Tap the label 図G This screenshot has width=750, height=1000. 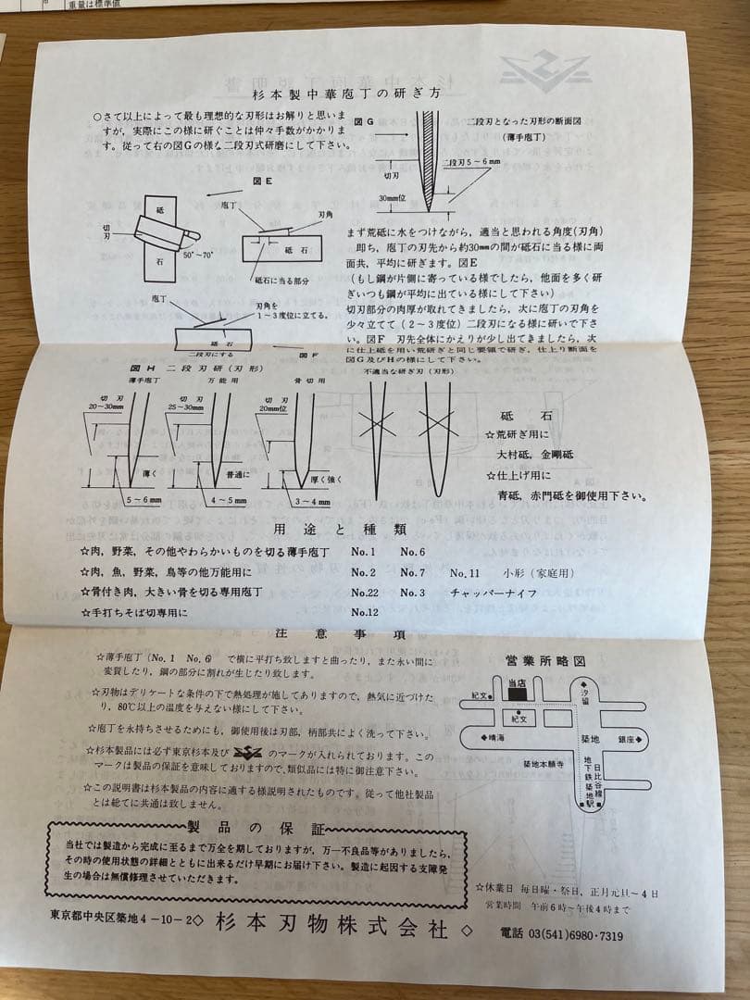[363, 121]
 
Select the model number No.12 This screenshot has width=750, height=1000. [365, 612]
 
